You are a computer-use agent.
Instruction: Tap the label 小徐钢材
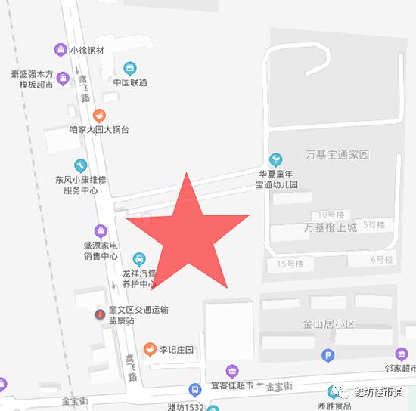click(86, 50)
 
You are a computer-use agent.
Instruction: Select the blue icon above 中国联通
click(130, 69)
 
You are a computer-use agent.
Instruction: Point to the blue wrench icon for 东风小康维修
click(81, 165)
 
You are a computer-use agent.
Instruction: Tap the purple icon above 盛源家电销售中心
click(100, 230)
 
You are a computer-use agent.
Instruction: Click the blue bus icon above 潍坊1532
click(194, 391)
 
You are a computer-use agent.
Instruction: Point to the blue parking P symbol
click(328, 356)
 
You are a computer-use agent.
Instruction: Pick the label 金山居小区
click(329, 324)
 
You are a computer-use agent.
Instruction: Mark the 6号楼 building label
click(382, 260)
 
